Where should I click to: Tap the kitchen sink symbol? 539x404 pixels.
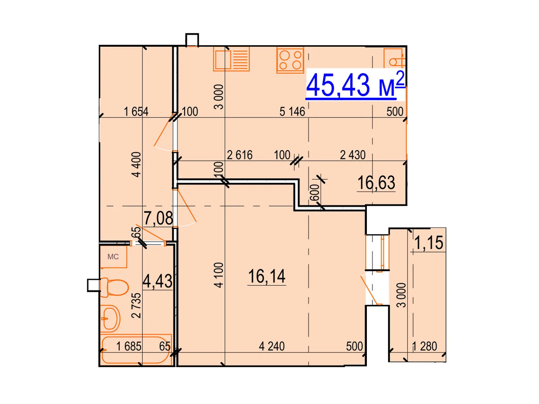click(x=231, y=59)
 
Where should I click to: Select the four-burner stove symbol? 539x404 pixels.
click(x=290, y=60)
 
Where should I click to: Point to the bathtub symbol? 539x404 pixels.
click(x=136, y=350)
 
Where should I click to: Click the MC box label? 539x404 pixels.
click(x=113, y=257)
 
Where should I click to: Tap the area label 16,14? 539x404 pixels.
click(x=267, y=276)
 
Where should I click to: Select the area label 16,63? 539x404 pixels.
click(x=376, y=183)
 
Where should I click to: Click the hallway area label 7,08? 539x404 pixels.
click(x=158, y=218)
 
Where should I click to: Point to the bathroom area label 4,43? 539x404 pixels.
click(x=158, y=281)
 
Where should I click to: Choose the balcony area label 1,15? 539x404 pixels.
click(x=429, y=243)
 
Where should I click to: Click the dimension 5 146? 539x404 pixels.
click(x=292, y=112)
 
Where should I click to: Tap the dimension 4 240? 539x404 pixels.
click(x=272, y=346)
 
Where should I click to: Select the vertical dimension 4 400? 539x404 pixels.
click(x=136, y=165)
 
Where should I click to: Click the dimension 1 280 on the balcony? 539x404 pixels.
click(x=424, y=346)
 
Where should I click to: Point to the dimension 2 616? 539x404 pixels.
click(x=240, y=155)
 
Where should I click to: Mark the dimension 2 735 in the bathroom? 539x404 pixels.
click(x=136, y=306)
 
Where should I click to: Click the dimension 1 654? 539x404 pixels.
click(x=136, y=112)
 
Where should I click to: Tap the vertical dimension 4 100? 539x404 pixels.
click(x=219, y=275)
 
